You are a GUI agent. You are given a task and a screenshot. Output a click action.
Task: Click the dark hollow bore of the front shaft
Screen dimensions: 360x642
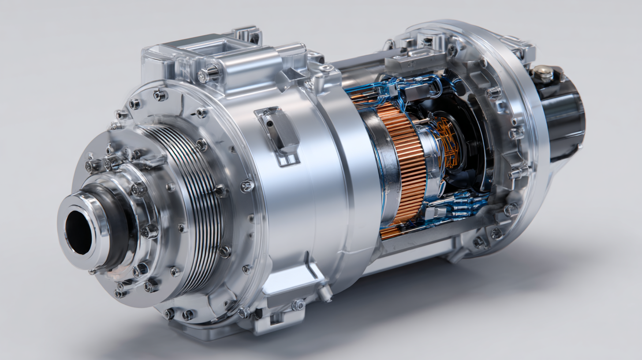tap(78, 232)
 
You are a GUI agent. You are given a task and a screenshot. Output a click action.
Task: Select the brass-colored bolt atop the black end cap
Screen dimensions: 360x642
tap(543, 73)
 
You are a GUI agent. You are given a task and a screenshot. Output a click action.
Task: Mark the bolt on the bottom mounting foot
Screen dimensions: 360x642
tap(298, 304)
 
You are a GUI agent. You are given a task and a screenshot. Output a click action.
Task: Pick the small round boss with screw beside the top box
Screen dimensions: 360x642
tap(327, 68)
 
